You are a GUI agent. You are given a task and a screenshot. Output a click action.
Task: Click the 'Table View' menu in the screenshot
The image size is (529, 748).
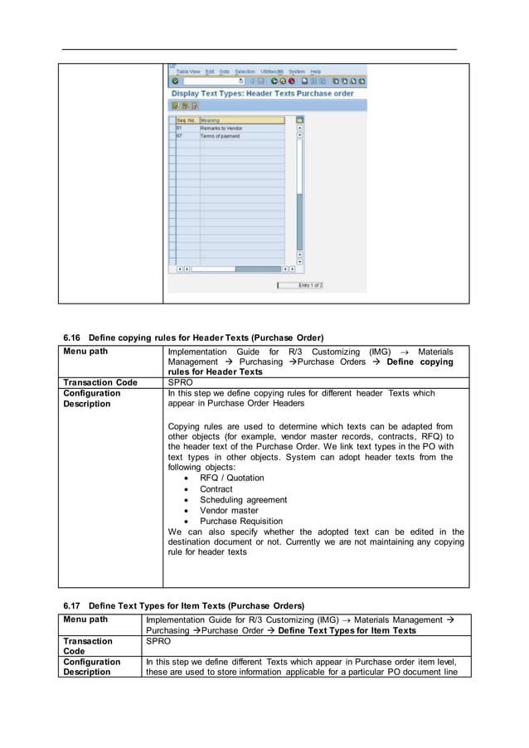click(x=188, y=71)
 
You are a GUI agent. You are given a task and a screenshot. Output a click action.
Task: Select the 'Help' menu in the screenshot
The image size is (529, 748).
click(x=316, y=71)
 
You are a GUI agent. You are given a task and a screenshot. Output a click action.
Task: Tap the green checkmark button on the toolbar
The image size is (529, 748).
click(x=175, y=81)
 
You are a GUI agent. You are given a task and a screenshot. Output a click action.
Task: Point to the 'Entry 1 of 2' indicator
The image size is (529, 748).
click(x=310, y=285)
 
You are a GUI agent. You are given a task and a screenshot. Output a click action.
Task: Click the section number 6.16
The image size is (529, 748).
click(x=73, y=338)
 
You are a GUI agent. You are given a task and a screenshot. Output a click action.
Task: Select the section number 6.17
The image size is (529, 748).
click(x=73, y=605)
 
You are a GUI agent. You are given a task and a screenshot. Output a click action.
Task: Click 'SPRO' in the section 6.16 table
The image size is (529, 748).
click(x=180, y=383)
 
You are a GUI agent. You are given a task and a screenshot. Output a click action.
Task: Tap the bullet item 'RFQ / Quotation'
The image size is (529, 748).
click(x=231, y=478)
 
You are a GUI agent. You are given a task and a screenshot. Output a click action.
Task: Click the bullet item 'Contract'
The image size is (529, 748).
click(x=217, y=489)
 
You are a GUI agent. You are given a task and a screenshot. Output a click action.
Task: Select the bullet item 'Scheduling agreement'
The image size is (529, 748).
click(x=243, y=500)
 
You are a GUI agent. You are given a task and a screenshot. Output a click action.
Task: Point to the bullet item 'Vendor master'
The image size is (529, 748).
click(x=229, y=511)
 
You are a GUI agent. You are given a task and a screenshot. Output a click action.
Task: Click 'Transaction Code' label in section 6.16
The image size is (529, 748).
click(x=100, y=383)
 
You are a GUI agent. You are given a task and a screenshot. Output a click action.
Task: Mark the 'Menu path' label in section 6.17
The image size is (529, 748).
click(x=86, y=619)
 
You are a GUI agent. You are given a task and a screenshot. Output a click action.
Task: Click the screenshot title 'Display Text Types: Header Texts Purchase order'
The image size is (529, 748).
click(x=262, y=94)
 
